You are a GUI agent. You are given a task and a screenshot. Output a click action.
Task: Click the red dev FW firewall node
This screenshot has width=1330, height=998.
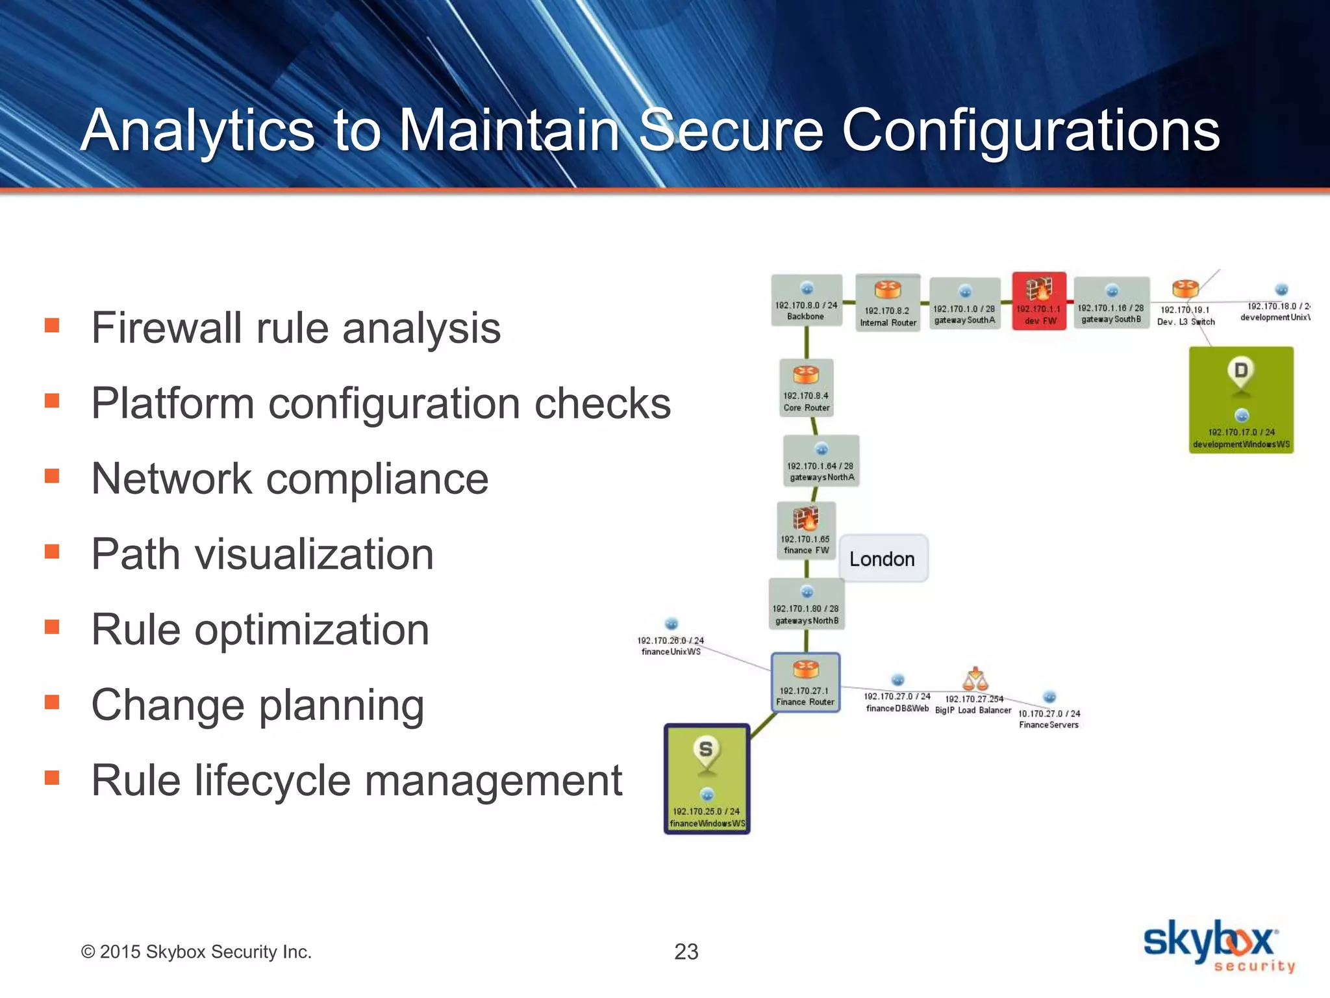[1039, 301]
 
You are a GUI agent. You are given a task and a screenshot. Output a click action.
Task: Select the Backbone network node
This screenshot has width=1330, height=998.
[807, 300]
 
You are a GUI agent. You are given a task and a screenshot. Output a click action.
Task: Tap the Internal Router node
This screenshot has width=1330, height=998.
[888, 303]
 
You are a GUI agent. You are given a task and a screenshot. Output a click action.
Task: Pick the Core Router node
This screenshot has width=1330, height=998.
[806, 387]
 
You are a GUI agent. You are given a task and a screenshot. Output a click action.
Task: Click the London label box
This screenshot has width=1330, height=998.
[883, 559]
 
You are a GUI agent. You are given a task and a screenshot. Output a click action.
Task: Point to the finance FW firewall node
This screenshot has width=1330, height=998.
[806, 530]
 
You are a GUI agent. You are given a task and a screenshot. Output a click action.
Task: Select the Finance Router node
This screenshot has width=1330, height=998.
[805, 682]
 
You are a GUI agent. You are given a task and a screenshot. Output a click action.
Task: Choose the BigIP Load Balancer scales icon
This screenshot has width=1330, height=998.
[975, 680]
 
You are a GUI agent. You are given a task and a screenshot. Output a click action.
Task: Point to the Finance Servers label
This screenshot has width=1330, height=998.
[1048, 724]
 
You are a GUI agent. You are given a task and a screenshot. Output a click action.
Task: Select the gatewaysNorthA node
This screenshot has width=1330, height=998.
[822, 461]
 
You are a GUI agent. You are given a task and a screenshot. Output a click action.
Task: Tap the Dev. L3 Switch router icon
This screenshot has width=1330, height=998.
[1185, 289]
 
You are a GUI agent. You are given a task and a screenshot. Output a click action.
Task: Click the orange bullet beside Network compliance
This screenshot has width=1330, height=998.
[52, 476]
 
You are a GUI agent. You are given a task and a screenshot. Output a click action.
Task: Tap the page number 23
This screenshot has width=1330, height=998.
[686, 952]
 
